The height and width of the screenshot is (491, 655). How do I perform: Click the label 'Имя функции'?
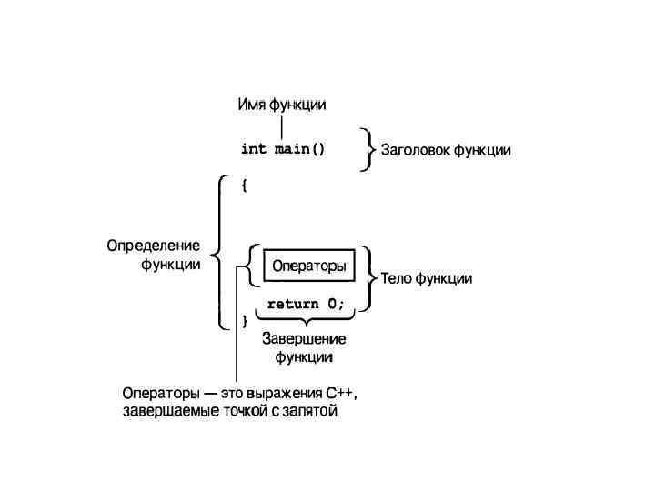[281, 105]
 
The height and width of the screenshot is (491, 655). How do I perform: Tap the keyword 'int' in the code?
[253, 148]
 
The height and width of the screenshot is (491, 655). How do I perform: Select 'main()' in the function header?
[299, 148]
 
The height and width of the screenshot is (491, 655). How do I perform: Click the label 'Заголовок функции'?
[445, 151]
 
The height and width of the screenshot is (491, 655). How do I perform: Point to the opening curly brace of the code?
[244, 185]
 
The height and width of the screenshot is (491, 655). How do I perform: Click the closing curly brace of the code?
[244, 320]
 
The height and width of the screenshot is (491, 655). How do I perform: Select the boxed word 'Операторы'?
[309, 266]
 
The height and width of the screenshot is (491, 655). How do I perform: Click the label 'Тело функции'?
[426, 278]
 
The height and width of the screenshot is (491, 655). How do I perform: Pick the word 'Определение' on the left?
[153, 245]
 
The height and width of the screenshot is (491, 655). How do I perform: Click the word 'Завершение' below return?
[304, 339]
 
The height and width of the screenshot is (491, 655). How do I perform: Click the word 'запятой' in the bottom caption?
[310, 412]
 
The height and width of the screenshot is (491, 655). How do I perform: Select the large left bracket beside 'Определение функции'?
[220, 251]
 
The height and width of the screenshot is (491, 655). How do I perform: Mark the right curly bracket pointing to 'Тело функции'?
[369, 278]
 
